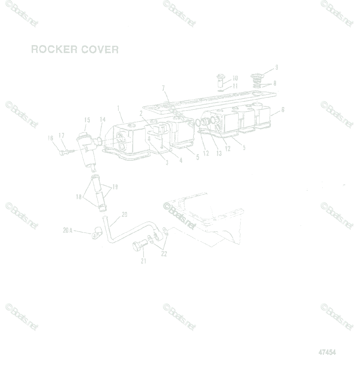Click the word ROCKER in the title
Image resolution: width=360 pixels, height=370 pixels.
tap(54, 49)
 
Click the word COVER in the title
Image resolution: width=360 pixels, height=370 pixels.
tap(100, 49)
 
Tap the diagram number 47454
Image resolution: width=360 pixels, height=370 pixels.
tap(327, 352)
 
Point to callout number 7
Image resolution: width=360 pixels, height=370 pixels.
tap(163, 88)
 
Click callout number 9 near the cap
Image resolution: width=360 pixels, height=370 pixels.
tap(276, 67)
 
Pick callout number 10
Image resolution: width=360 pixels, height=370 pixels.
tap(235, 78)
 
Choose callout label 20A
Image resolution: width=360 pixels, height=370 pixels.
tap(67, 231)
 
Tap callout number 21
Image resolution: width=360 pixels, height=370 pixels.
tap(143, 261)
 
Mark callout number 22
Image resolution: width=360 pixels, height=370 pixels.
tap(164, 254)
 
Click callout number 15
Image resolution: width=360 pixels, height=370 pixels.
tap(87, 120)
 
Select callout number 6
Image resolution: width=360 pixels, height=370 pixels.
tap(283, 110)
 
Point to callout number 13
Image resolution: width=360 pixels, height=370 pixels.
tap(219, 154)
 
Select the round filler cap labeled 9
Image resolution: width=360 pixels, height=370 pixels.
tap(257, 77)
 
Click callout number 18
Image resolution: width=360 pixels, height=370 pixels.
tap(79, 197)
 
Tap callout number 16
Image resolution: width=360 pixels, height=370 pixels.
tap(51, 139)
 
